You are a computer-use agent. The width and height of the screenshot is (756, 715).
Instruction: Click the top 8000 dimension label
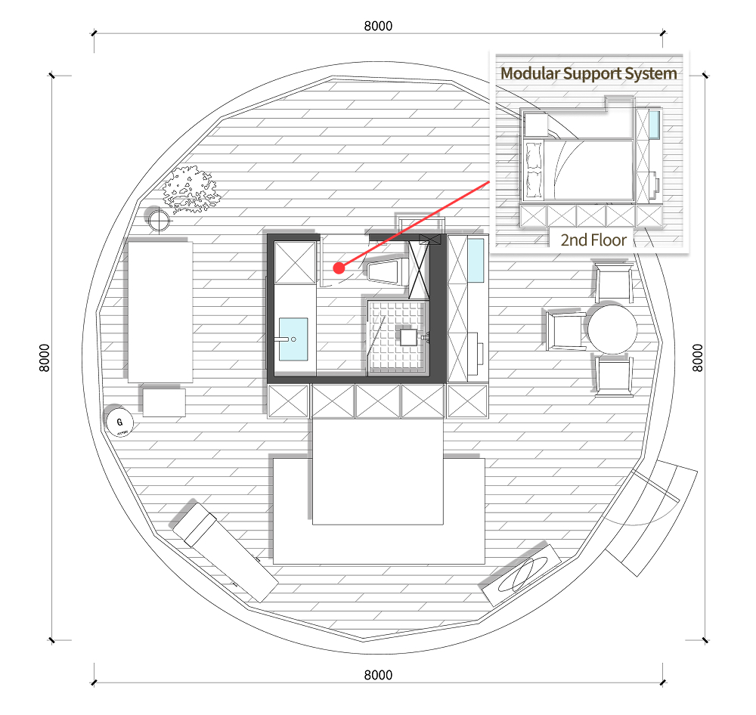click(x=378, y=26)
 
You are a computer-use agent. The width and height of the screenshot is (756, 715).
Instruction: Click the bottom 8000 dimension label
click(x=378, y=674)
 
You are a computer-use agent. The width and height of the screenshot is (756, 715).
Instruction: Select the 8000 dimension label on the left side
click(x=44, y=357)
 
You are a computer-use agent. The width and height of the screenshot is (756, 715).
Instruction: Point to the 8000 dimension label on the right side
click(x=697, y=357)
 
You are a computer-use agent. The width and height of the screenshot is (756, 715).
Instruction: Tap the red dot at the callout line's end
click(x=339, y=268)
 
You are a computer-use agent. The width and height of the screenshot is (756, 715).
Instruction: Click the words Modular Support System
click(x=589, y=73)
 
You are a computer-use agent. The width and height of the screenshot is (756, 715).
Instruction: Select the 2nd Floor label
click(x=593, y=240)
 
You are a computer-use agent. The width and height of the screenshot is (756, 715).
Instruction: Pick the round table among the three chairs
click(x=612, y=329)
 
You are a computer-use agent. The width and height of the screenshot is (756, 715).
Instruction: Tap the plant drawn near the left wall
click(x=191, y=190)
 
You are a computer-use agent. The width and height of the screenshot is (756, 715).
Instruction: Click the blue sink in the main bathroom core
click(x=293, y=339)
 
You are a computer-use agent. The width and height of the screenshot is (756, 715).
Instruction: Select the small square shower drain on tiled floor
click(x=408, y=337)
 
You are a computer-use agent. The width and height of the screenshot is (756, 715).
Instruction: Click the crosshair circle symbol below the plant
click(x=158, y=221)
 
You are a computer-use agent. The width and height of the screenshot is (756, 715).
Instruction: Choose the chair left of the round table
click(x=565, y=330)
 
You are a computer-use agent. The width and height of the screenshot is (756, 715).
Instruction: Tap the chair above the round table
click(x=613, y=283)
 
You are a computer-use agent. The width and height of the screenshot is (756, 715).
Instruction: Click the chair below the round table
click(x=613, y=376)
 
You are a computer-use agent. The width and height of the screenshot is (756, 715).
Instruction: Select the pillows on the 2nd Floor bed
click(x=533, y=170)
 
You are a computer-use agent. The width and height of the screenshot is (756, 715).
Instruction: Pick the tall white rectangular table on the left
click(x=160, y=312)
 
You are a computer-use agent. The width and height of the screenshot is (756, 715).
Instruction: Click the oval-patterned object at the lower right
click(x=522, y=574)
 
